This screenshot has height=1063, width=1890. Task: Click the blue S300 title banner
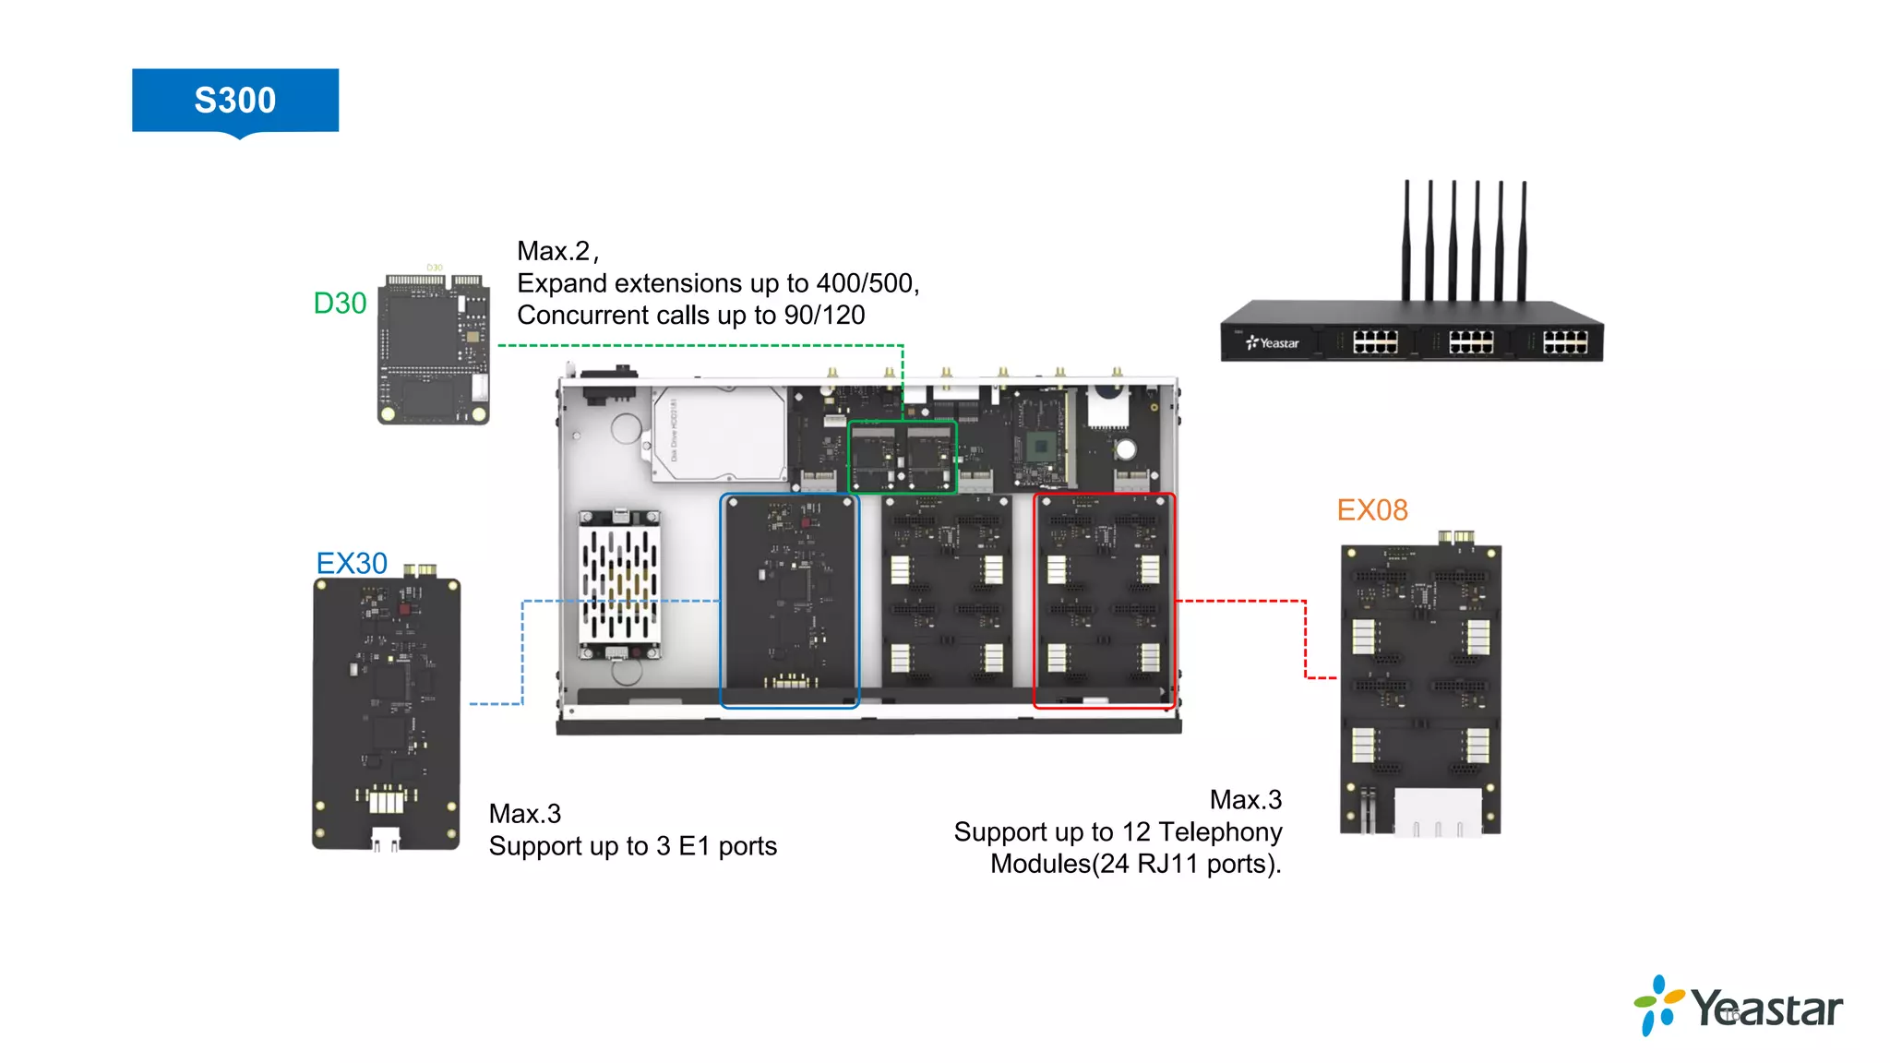tap(234, 100)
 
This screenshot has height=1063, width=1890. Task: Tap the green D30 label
tap(340, 304)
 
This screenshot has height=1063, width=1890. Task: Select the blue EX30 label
tap(351, 564)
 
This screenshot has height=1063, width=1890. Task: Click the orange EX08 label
tap(1372, 510)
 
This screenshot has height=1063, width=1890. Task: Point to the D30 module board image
tap(433, 348)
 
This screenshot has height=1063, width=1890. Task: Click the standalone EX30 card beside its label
tap(386, 711)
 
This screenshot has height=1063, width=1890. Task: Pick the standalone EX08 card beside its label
tap(1420, 687)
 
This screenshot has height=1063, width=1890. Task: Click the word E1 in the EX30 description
tap(694, 846)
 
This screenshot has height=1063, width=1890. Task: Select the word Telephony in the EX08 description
tap(1220, 832)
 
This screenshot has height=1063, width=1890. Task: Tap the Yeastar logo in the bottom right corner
tap(1739, 1007)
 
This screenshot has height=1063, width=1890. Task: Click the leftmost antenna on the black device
tap(1406, 240)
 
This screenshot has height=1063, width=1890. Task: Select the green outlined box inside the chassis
tap(902, 457)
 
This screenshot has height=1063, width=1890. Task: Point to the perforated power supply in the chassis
tap(619, 584)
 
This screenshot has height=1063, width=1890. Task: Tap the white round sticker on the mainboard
tap(1125, 450)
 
